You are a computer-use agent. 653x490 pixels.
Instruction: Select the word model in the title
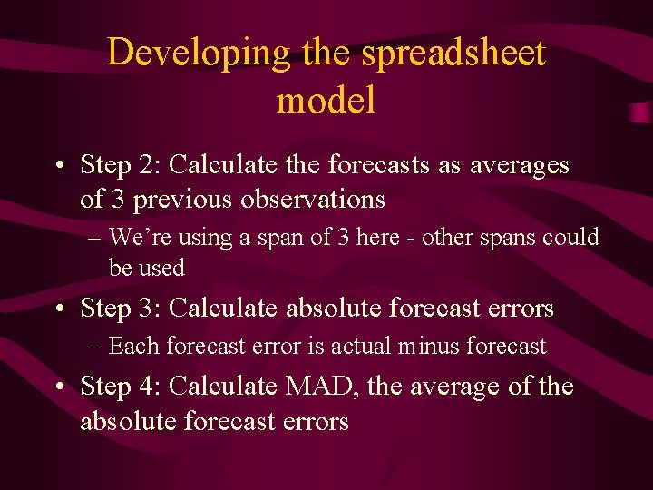tap(326, 100)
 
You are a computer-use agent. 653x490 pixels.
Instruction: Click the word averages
tap(520, 165)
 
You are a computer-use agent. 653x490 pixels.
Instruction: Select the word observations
tap(313, 198)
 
